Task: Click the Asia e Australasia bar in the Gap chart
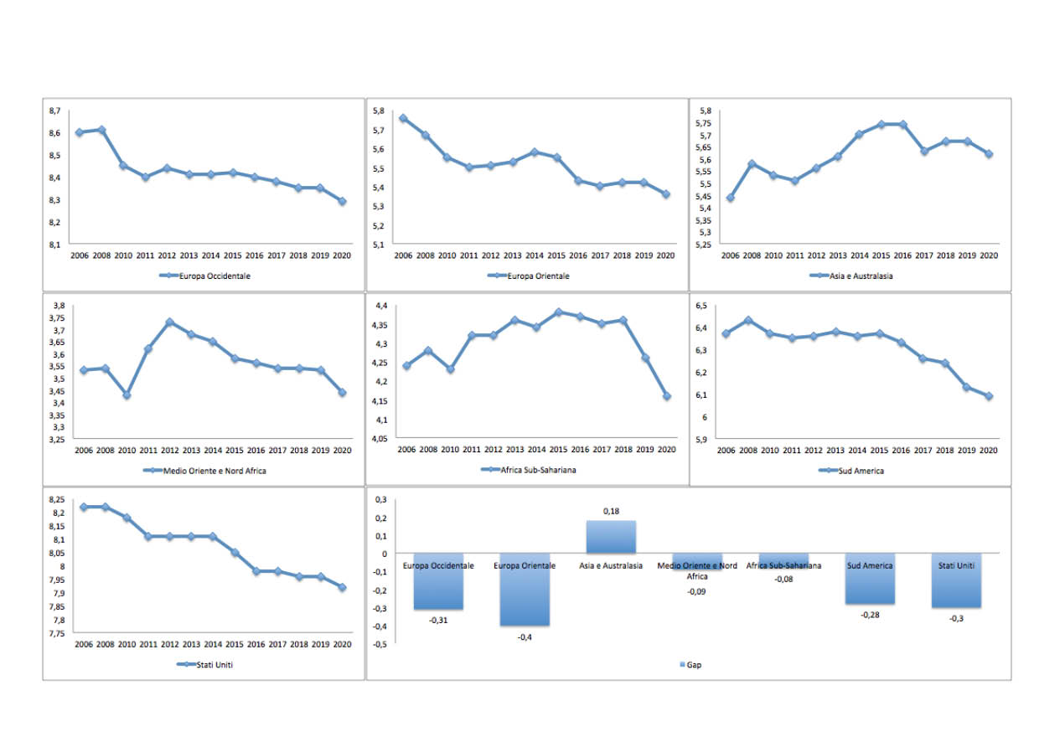[x=611, y=536]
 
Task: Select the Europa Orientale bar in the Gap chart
[x=525, y=589]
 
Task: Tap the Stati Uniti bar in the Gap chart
[x=956, y=580]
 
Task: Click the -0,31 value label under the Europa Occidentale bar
[x=437, y=620]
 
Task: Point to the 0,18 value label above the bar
[x=611, y=511]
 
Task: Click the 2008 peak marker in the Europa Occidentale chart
[x=101, y=130]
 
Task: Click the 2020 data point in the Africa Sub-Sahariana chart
[x=667, y=396]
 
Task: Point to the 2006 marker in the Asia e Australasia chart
[x=730, y=198]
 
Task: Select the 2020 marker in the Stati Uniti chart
[x=342, y=587]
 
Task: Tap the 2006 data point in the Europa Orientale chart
[x=403, y=118]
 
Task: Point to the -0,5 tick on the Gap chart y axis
[x=380, y=645]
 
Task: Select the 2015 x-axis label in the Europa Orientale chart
[x=556, y=255]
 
